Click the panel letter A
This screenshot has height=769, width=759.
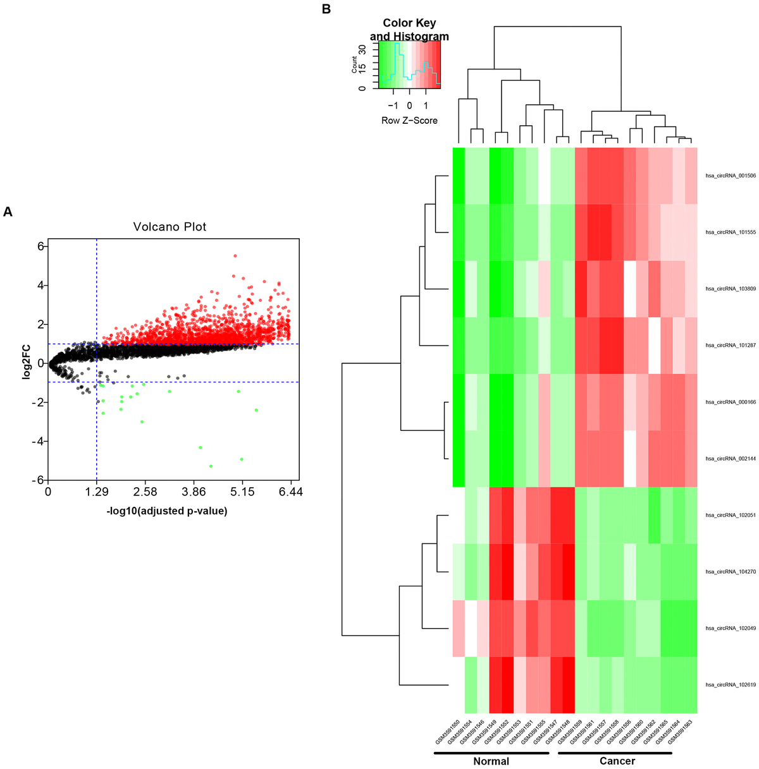point(8,212)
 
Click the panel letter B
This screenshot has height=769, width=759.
point(326,9)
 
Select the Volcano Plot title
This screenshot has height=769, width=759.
point(170,227)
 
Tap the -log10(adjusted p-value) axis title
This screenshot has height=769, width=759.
point(167,511)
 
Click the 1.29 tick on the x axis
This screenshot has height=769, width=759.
point(96,492)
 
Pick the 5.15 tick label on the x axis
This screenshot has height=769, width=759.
point(242,492)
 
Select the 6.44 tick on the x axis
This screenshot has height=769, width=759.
point(291,492)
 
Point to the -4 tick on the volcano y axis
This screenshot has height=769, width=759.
point(38,441)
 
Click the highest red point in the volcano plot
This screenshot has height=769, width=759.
point(235,256)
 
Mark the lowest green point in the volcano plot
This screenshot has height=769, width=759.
point(211,466)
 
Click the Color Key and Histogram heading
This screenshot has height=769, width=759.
point(409,30)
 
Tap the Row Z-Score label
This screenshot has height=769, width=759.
point(409,121)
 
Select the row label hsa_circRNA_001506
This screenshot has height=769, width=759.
point(731,176)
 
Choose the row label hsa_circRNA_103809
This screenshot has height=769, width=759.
point(731,289)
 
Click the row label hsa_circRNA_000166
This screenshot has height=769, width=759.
point(731,402)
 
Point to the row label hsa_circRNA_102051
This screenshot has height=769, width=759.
point(731,515)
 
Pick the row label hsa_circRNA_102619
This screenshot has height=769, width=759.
point(731,684)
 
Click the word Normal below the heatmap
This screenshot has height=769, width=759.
point(491,761)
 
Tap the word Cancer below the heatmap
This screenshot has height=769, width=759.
point(617,761)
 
